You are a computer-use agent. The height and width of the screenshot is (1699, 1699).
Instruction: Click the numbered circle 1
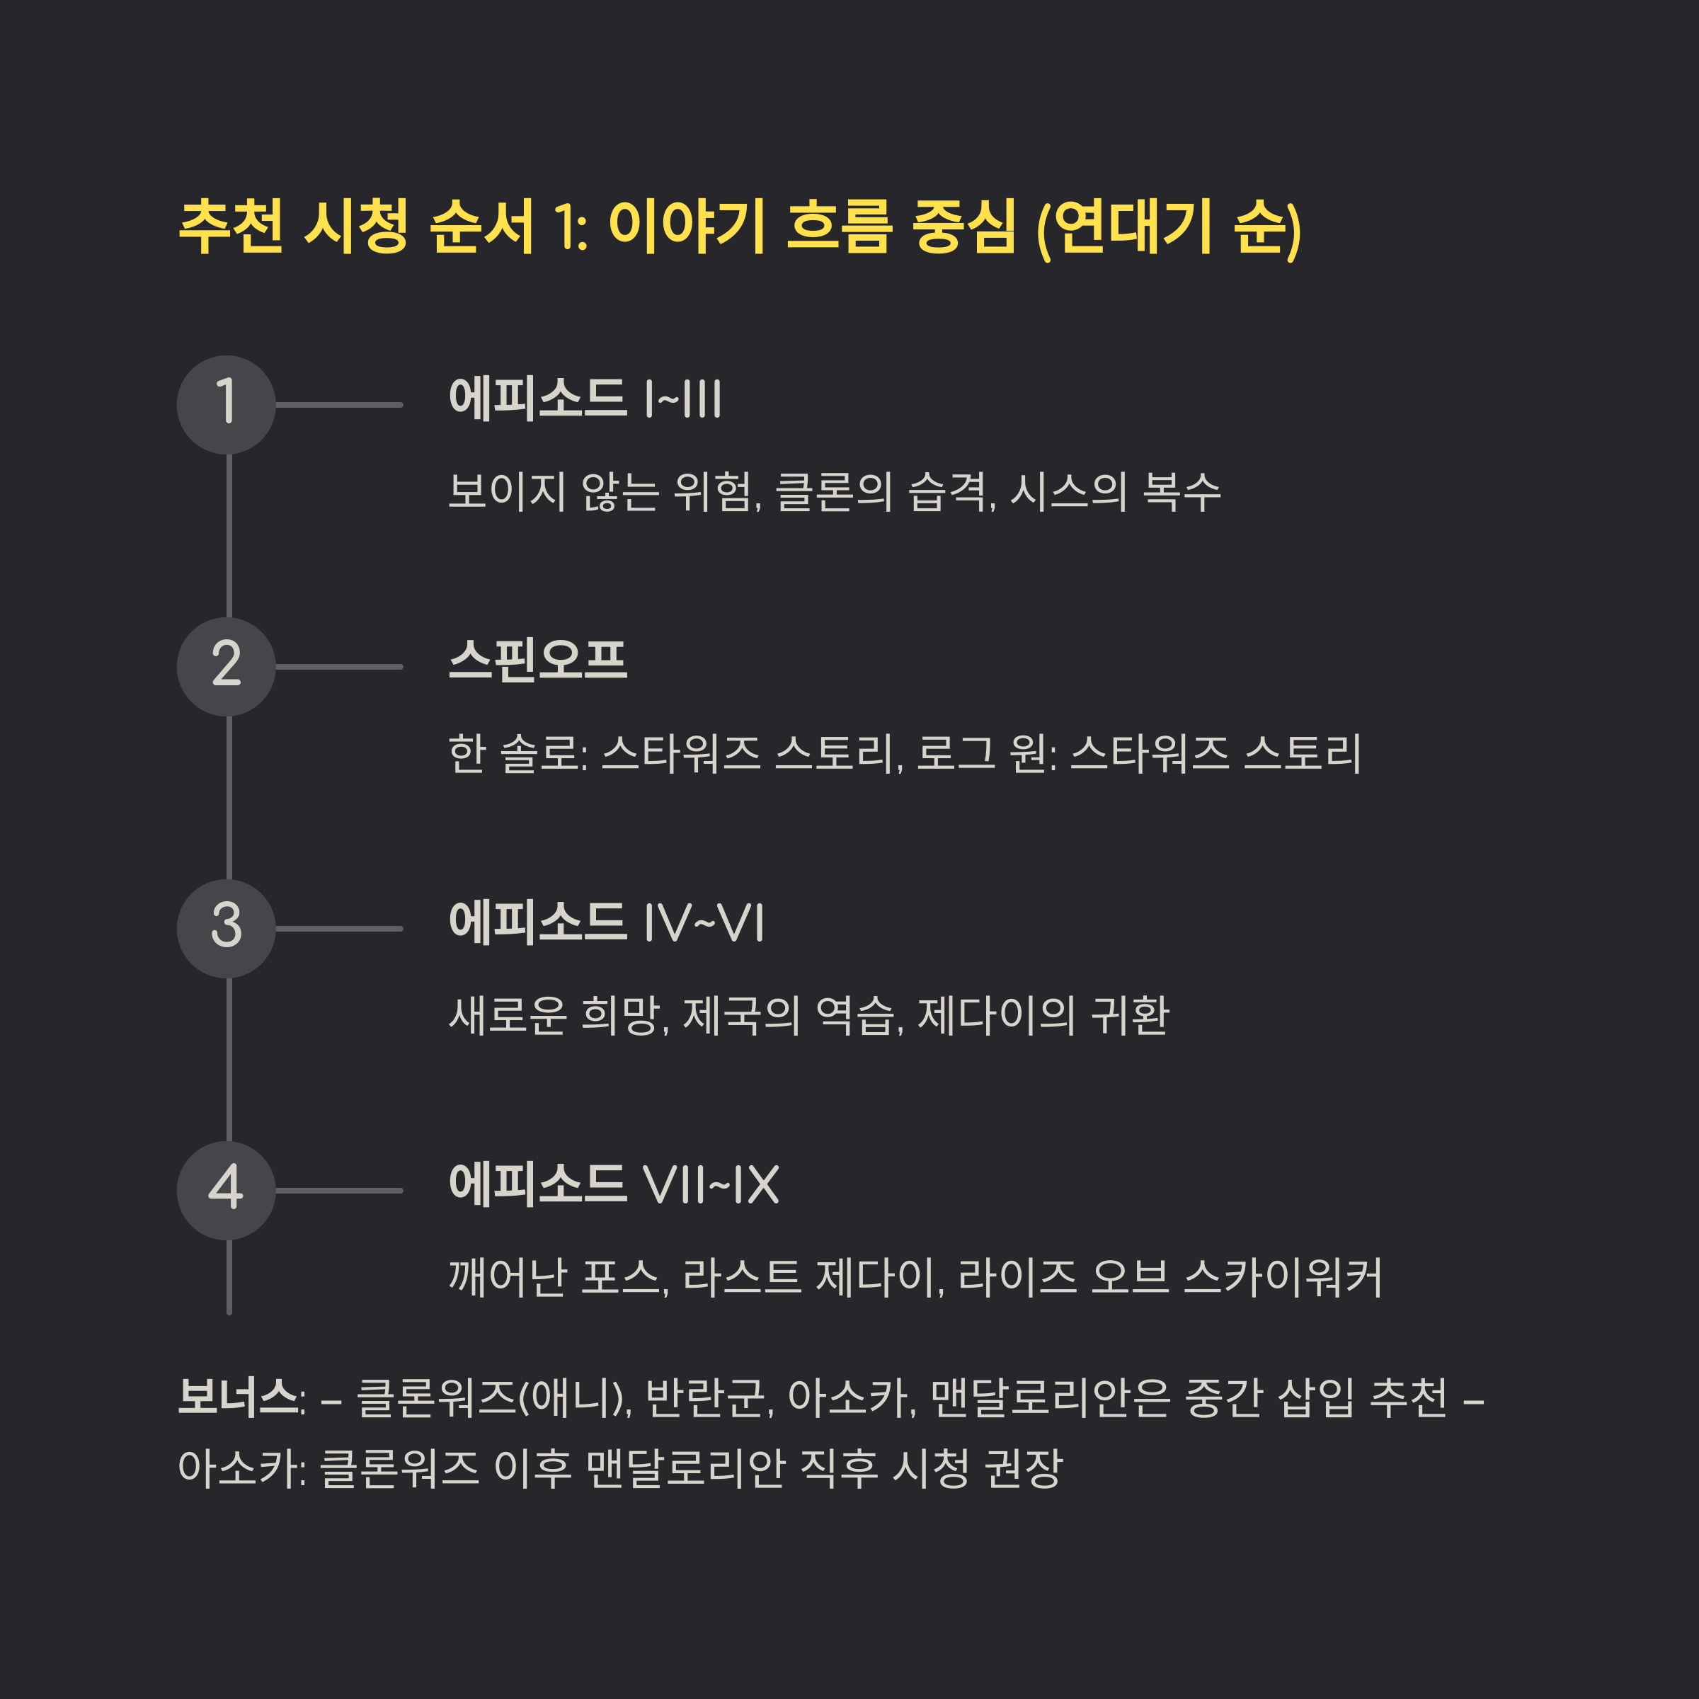coord(226,404)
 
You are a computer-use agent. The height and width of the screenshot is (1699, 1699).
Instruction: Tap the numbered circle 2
coord(226,667)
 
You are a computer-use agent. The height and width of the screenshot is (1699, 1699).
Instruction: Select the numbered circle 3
coord(226,929)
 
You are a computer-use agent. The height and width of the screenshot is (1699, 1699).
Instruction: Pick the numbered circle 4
coord(226,1191)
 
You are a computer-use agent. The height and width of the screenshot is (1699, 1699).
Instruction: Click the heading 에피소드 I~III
coord(585,399)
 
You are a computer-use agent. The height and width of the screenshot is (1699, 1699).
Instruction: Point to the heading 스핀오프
coord(537,660)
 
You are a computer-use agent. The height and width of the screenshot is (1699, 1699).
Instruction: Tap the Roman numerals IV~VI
coord(704,923)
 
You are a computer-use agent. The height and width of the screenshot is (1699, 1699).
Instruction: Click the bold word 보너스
coord(237,1397)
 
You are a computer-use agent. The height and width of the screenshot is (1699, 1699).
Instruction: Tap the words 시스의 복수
coord(1115,491)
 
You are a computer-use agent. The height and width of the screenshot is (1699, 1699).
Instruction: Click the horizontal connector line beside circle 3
coord(338,929)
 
